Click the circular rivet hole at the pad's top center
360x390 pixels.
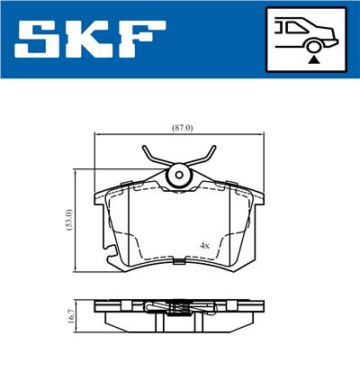(x=180, y=174)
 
